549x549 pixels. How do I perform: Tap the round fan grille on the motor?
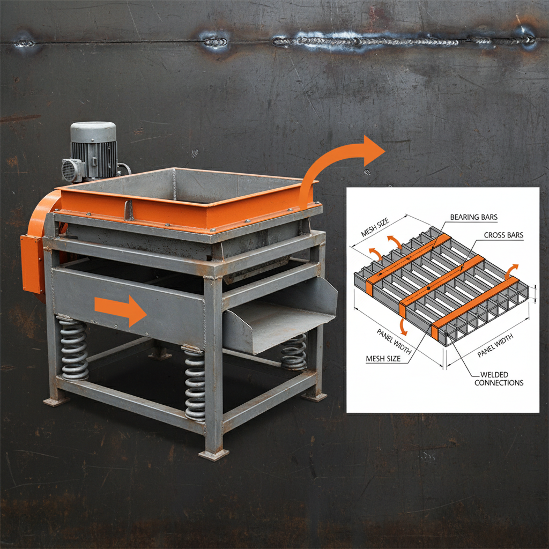pos(72,170)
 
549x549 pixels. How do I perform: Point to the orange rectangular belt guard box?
pos(32,263)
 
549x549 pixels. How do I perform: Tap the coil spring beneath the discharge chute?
pos(294,351)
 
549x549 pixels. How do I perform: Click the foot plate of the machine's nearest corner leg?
pos(213,455)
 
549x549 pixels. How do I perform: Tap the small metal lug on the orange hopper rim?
pos(129,210)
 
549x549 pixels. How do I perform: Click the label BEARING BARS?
pos(473,217)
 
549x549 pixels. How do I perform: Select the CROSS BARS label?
pos(503,235)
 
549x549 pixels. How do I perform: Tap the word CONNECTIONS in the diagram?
pos(499,383)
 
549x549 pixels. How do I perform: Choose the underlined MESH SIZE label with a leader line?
pos(382,359)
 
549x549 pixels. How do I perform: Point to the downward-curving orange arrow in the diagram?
pos(402,325)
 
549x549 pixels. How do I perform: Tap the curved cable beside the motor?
pos(125,168)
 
